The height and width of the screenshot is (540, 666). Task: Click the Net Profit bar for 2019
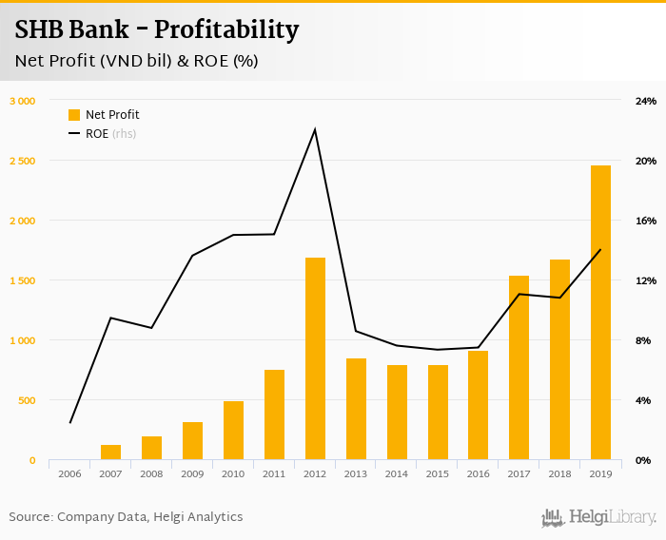600,313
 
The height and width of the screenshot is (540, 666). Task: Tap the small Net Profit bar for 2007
111,453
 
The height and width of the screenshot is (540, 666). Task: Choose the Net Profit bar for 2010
233,431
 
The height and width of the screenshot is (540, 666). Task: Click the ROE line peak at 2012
315,129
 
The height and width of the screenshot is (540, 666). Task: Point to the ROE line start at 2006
70,422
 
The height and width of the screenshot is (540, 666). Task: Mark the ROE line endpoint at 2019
600,250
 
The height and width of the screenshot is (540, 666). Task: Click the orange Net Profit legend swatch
74,115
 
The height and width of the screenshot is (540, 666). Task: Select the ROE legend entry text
97,134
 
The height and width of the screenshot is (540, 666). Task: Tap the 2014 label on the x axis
396,472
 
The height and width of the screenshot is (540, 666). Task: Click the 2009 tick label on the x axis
192,472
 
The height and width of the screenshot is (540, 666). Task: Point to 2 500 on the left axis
22,161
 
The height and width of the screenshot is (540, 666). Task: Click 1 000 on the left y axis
22,340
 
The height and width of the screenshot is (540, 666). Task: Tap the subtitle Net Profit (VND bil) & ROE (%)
136,61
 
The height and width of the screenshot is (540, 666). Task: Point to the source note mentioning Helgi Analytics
126,517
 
